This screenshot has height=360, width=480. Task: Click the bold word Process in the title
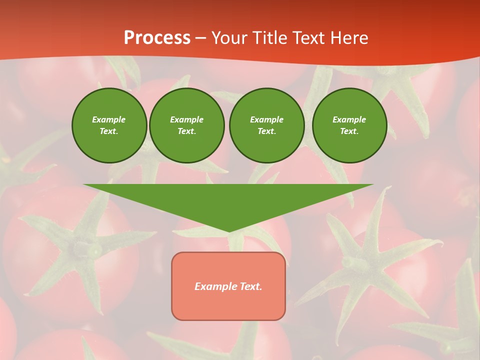(x=157, y=38)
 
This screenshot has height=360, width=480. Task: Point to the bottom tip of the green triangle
(x=228, y=231)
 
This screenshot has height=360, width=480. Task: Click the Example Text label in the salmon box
(x=228, y=286)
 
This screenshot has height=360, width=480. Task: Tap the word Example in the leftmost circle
(x=109, y=119)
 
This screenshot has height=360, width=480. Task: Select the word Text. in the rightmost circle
(x=349, y=131)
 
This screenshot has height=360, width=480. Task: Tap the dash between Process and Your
(x=201, y=38)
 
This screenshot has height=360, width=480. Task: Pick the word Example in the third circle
(x=266, y=119)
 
